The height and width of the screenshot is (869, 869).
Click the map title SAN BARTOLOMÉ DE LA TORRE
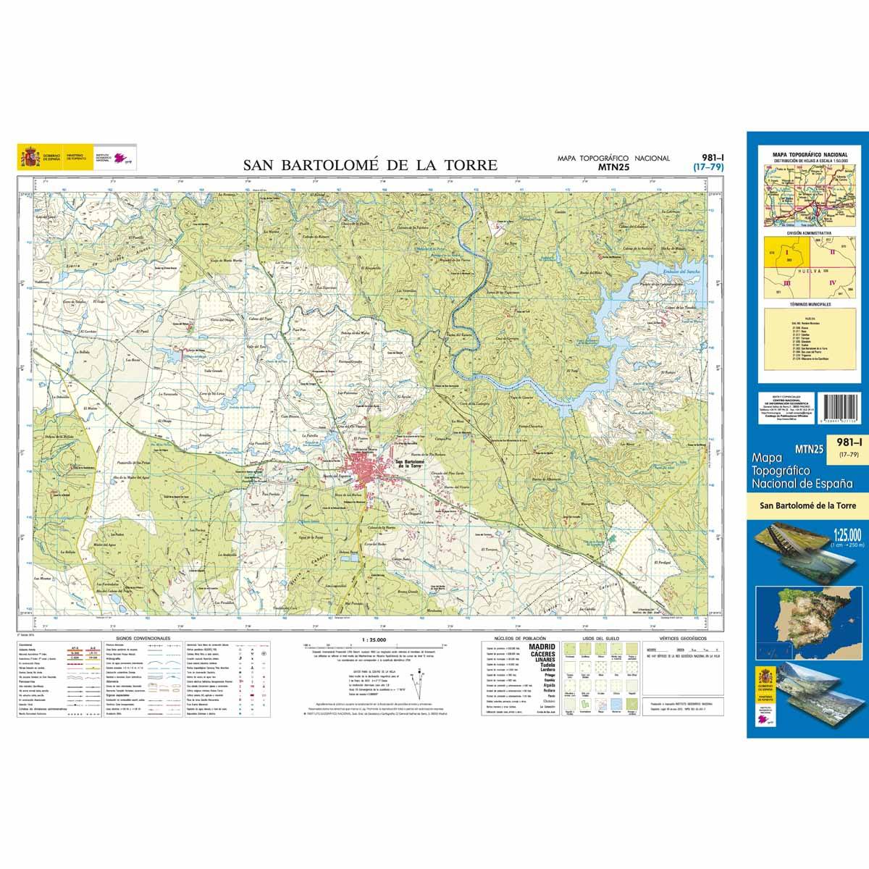coord(370,165)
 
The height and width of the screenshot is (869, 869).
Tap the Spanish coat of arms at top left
coord(30,156)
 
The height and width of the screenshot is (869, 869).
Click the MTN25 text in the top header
coord(613,167)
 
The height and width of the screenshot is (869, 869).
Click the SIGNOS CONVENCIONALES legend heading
coord(138,639)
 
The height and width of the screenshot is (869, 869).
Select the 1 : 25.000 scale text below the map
coord(373,640)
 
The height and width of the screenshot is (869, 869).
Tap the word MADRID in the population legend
coord(542,647)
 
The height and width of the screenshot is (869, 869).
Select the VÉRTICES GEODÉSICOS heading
coord(678,639)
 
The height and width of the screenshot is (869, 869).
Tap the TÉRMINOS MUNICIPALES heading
coord(810,304)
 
